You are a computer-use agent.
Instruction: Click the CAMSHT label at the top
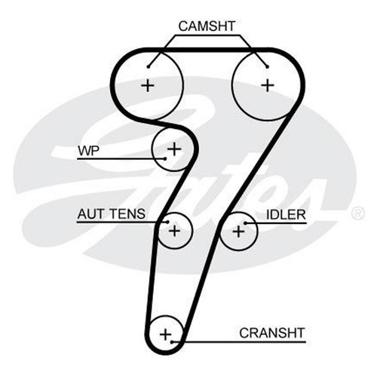click(x=207, y=26)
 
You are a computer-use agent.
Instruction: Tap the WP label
click(x=88, y=151)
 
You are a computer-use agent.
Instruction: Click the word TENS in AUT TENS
click(x=127, y=214)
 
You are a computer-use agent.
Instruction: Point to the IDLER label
click(x=286, y=215)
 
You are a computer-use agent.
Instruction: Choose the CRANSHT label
click(x=272, y=333)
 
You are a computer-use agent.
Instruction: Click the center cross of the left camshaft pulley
click(x=148, y=86)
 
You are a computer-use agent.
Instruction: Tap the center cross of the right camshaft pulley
click(x=268, y=85)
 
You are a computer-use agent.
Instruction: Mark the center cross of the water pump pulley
click(x=174, y=149)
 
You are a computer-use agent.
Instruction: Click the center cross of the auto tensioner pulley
click(x=174, y=231)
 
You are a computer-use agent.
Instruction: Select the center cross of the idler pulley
click(x=238, y=231)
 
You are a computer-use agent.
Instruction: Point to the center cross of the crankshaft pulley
click(x=165, y=334)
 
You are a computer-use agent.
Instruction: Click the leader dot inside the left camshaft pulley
click(x=149, y=66)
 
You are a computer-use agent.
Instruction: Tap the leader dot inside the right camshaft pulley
click(x=268, y=66)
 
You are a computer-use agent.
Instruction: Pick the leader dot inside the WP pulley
click(x=165, y=158)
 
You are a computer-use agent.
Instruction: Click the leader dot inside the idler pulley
click(x=246, y=223)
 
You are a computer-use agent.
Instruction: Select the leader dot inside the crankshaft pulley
click(x=172, y=342)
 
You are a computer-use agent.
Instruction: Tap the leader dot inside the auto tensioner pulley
click(x=167, y=222)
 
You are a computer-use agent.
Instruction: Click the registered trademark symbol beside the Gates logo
click(x=357, y=213)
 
